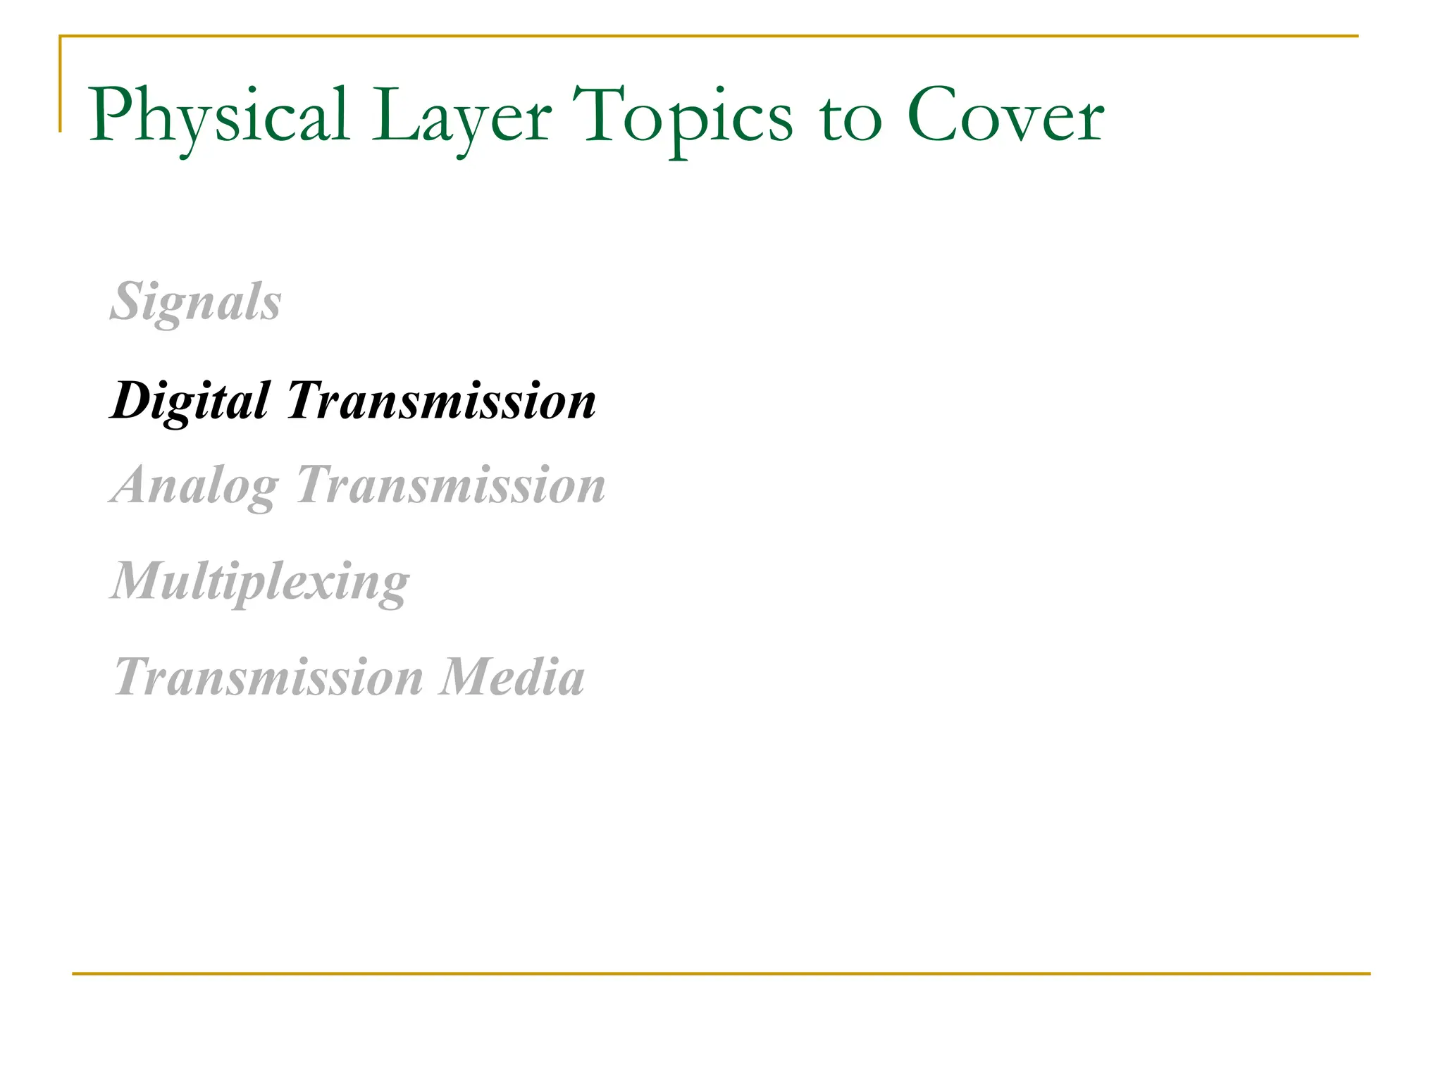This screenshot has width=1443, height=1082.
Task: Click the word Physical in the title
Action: pos(218,116)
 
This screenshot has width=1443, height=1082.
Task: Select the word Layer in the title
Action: pos(462,116)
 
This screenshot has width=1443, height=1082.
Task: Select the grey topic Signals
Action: pos(196,301)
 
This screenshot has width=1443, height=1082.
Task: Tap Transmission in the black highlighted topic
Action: pos(442,400)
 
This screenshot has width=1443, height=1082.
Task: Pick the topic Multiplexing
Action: pos(260,582)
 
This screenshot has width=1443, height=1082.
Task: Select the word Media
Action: pos(512,677)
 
